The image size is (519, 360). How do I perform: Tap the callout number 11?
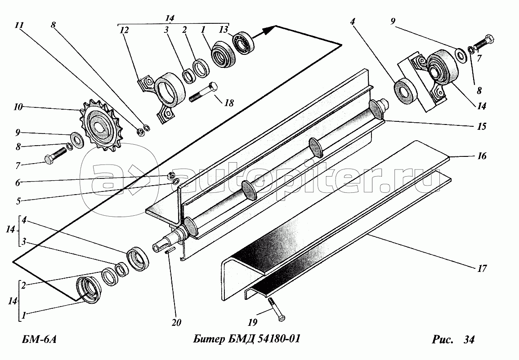19,25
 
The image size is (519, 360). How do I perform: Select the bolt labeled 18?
204,92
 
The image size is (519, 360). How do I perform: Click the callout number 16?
482,156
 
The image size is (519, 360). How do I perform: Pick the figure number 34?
469,340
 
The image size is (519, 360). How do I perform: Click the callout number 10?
18,107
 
